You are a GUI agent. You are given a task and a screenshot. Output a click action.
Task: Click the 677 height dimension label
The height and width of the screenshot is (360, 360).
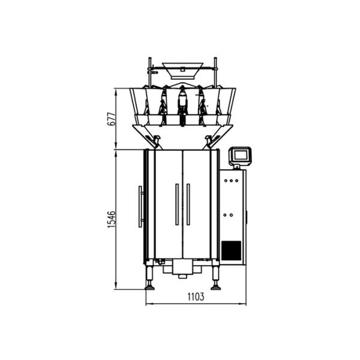[x=110, y=118]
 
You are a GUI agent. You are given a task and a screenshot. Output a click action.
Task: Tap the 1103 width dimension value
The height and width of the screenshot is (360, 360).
[x=196, y=296]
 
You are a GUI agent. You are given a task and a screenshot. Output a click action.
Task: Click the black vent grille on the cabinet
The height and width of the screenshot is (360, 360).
[x=231, y=250]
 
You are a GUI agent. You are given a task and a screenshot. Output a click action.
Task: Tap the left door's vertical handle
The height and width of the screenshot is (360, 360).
[x=176, y=204]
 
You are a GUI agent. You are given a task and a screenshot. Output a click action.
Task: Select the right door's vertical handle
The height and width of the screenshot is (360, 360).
[x=188, y=204]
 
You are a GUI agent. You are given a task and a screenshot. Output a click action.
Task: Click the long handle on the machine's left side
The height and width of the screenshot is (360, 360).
[x=140, y=206]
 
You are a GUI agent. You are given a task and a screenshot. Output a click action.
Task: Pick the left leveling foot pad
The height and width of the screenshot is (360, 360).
[x=150, y=287]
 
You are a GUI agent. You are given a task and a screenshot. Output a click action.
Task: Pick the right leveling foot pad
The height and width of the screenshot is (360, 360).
[x=216, y=287]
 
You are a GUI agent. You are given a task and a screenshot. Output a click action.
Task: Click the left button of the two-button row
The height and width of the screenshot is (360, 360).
[x=226, y=214]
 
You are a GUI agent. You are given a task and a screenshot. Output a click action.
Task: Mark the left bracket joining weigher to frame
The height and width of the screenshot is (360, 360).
[x=157, y=142]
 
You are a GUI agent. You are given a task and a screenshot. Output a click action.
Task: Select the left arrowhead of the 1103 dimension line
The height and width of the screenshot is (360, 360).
[x=148, y=303]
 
